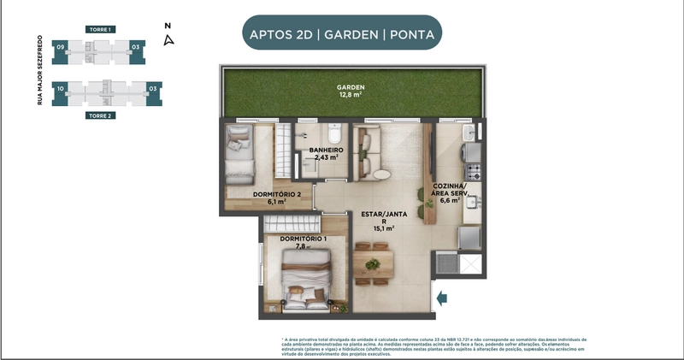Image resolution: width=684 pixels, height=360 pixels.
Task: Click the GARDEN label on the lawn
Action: [351, 87]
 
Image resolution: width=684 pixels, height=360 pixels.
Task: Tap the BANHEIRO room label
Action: [327, 150]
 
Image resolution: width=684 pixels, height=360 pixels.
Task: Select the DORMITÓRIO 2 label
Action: [277, 195]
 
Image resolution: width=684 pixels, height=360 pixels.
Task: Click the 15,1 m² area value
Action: [382, 228]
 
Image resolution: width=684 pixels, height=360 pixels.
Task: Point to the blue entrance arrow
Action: [442, 298]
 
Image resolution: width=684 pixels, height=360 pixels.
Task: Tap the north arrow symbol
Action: [169, 37]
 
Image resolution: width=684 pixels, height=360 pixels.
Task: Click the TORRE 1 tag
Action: [99, 29]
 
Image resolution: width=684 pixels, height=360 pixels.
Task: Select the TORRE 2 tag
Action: [99, 114]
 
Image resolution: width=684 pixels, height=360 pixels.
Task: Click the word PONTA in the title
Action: [410, 35]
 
